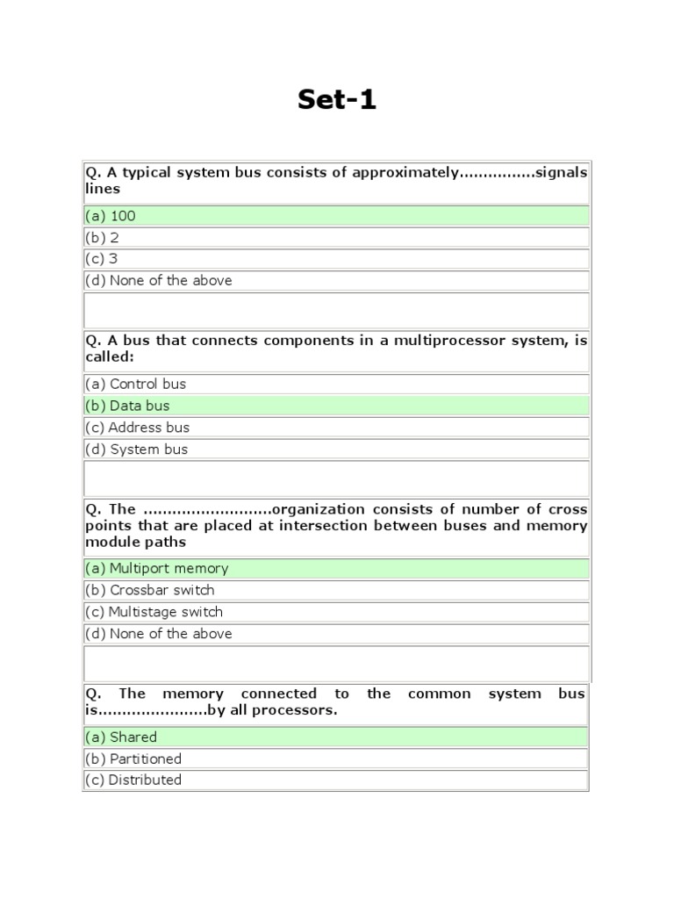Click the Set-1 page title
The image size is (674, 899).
point(337,100)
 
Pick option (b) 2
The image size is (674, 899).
point(102,237)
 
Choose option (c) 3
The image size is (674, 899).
point(102,259)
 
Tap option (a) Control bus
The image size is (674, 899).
point(135,384)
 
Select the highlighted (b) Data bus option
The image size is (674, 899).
point(127,406)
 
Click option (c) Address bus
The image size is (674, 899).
point(137,428)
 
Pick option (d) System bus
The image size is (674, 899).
point(136,449)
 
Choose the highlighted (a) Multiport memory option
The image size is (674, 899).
point(156,568)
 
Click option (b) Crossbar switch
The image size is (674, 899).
point(149,590)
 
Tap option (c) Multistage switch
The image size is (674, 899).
point(154,612)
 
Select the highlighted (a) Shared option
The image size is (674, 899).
point(121,737)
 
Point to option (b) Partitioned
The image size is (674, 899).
point(133,759)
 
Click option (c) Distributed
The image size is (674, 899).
point(133,780)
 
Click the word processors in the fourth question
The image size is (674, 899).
point(298,710)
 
